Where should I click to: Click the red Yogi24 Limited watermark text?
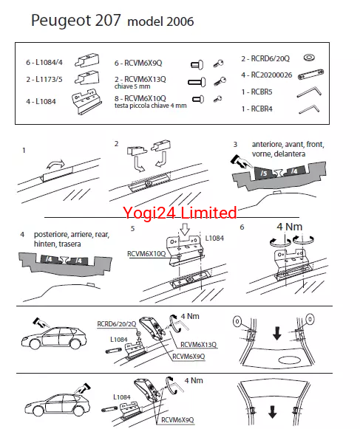tap(180, 213)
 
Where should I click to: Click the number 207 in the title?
tap(107, 20)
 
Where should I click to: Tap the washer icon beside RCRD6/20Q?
tap(309, 58)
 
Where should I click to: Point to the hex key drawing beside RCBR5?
tap(309, 92)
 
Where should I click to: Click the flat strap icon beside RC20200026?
tap(311, 74)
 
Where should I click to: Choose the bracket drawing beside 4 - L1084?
tap(86, 101)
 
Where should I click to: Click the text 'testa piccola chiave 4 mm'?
tap(150, 106)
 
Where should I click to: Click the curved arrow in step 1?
tap(55, 165)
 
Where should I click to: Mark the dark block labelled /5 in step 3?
tap(264, 173)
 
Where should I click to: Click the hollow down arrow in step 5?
tap(186, 229)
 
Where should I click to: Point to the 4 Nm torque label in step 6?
tap(289, 227)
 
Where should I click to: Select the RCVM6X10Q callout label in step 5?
tap(146, 254)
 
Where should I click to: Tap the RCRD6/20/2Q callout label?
tap(117, 324)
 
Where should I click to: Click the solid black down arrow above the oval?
tap(277, 334)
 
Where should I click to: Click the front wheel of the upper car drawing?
tap(35, 343)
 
